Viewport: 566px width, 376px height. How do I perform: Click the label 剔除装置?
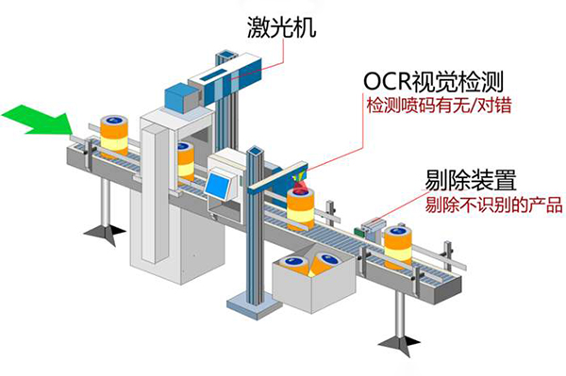pos(460,180)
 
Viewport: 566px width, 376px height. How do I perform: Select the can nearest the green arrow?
pos(115,136)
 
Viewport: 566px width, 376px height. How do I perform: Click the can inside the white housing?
pos(186,160)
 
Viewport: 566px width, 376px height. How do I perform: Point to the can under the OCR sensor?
pos(302,207)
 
